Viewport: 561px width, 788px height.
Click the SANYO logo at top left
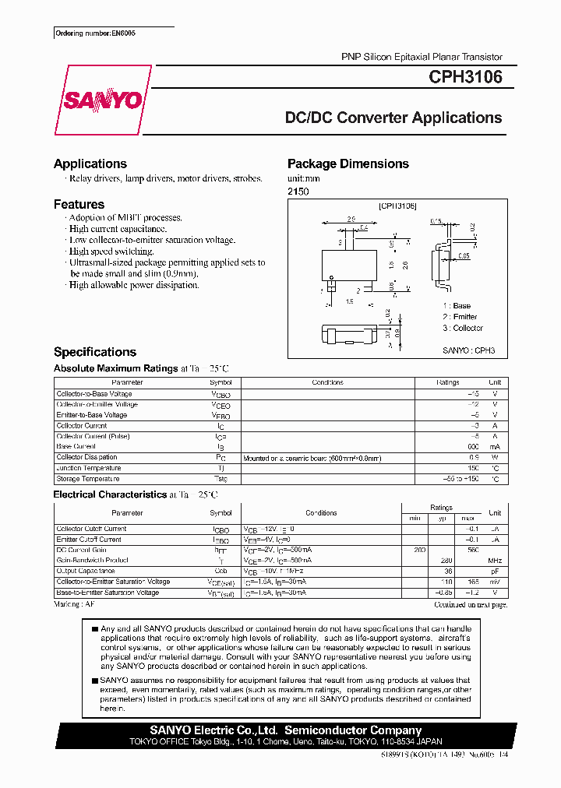tap(102, 100)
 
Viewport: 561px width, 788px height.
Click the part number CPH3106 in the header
tap(465, 77)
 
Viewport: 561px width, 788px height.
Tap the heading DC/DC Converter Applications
tap(393, 118)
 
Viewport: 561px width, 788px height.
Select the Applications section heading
tap(90, 164)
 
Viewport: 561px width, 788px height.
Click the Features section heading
tap(79, 204)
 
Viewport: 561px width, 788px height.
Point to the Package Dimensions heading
tap(348, 164)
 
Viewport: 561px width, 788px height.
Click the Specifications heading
tap(95, 352)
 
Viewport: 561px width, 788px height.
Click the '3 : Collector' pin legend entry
tap(463, 328)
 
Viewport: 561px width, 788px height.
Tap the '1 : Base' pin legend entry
tap(457, 306)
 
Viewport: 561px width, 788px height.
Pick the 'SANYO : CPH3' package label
tap(469, 351)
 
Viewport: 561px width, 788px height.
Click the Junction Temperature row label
tap(89, 468)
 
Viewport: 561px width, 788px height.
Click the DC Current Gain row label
tap(83, 550)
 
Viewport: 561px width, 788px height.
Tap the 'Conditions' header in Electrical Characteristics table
tap(321, 513)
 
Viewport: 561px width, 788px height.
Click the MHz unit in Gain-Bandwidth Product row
tap(495, 561)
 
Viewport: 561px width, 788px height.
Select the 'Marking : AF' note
tap(75, 604)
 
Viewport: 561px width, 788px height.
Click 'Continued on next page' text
tap(470, 604)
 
